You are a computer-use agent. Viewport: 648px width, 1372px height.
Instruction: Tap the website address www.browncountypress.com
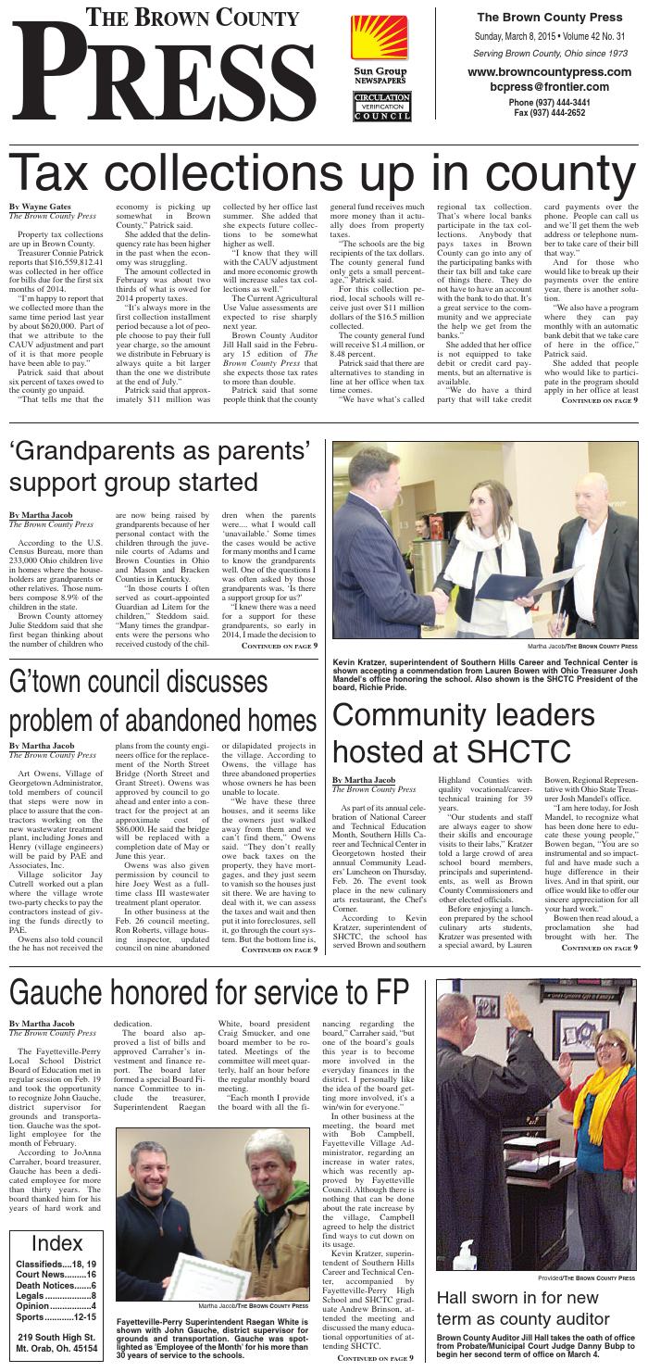click(543, 72)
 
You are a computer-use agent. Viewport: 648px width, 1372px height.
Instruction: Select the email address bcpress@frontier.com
click(543, 86)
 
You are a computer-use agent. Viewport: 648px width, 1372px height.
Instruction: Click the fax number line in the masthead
click(543, 112)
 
